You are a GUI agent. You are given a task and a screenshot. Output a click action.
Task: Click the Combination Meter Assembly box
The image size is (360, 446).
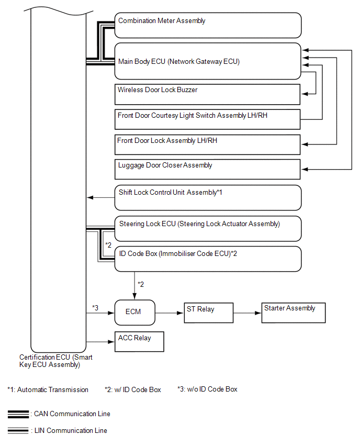click(x=208, y=25)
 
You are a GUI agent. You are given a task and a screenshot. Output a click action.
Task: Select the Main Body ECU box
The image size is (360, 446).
click(x=208, y=61)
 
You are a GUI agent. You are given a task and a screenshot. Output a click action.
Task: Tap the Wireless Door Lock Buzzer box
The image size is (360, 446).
click(x=208, y=94)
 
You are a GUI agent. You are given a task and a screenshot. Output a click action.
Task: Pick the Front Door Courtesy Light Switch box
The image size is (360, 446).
click(x=208, y=119)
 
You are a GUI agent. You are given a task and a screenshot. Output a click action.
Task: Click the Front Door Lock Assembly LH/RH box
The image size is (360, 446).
click(x=208, y=144)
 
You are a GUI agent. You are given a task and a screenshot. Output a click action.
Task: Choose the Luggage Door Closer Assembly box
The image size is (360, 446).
click(x=208, y=169)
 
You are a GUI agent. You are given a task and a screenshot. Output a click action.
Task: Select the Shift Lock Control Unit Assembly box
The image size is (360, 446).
click(x=208, y=197)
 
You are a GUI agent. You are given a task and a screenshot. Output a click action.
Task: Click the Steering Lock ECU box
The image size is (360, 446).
click(x=208, y=228)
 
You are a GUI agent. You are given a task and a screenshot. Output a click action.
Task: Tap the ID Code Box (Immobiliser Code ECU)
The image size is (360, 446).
click(x=208, y=259)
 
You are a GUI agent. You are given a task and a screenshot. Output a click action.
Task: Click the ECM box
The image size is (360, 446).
click(x=134, y=313)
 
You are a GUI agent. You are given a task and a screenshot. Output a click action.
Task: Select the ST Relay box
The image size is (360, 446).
click(x=207, y=313)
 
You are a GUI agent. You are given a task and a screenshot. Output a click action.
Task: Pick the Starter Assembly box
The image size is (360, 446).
click(x=293, y=313)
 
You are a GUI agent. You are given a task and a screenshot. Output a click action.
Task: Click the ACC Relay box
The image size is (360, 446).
click(x=139, y=341)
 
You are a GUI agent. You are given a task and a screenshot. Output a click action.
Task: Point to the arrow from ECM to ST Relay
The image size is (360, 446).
click(x=169, y=313)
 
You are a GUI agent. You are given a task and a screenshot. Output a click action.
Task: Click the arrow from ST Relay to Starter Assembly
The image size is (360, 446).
click(x=247, y=313)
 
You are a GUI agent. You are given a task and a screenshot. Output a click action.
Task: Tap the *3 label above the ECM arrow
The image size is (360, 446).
click(x=95, y=307)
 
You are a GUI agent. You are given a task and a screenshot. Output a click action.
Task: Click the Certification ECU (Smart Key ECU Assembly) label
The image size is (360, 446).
click(x=57, y=361)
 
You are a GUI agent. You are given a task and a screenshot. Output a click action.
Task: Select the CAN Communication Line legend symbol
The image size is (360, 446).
click(x=18, y=414)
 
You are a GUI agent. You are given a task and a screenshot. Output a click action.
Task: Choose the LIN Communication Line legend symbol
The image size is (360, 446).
click(x=18, y=431)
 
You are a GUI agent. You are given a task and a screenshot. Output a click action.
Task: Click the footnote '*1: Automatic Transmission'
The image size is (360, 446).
click(x=48, y=389)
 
